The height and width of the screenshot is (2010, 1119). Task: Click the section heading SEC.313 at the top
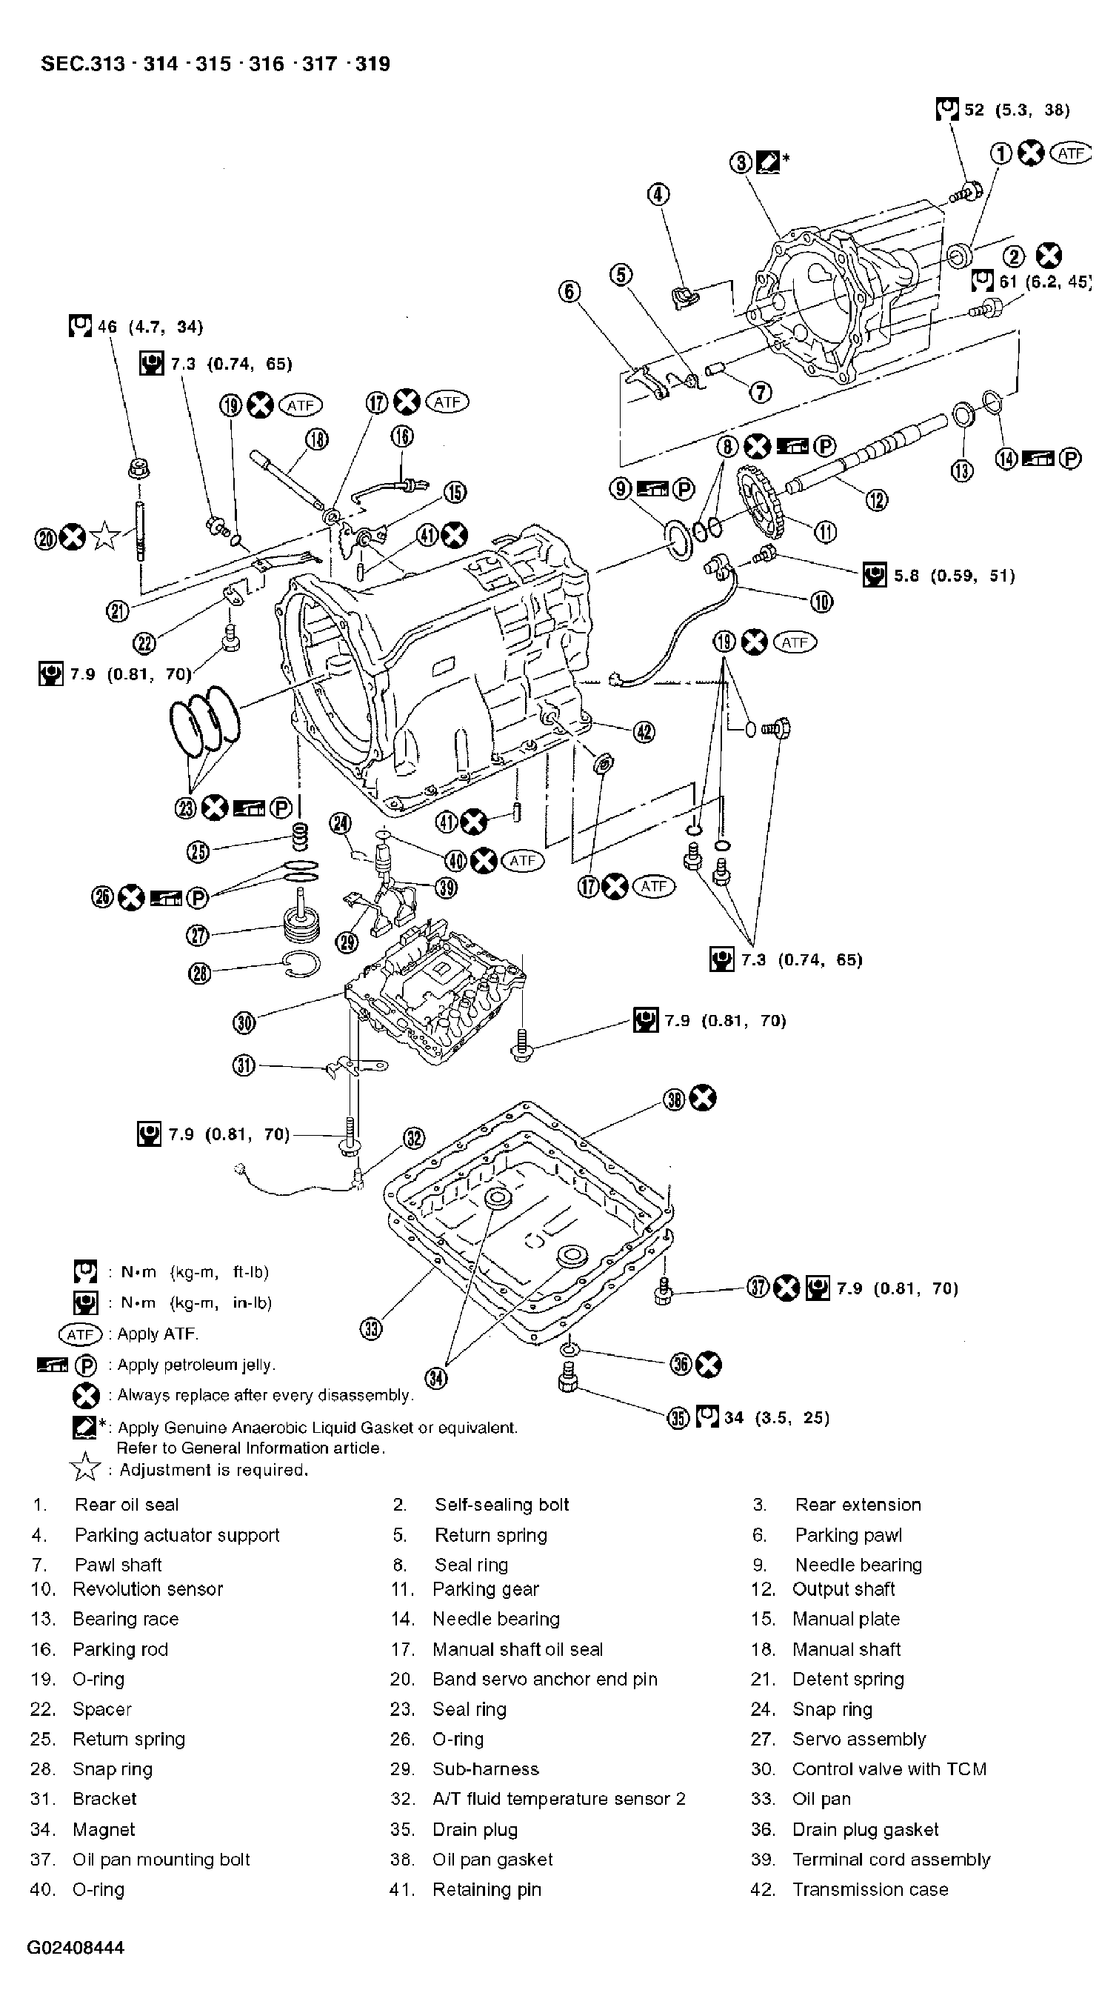click(x=83, y=64)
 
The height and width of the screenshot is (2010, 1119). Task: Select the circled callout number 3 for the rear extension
click(x=741, y=162)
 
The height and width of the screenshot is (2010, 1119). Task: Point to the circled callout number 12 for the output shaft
click(x=877, y=499)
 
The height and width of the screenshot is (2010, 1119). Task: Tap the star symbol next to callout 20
click(x=104, y=537)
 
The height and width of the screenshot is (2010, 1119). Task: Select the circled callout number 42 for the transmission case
click(x=644, y=731)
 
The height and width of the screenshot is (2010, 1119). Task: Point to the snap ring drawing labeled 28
click(x=301, y=966)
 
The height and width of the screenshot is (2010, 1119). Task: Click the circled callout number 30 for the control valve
click(x=244, y=1022)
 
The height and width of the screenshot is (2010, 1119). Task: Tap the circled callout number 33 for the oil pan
click(x=372, y=1328)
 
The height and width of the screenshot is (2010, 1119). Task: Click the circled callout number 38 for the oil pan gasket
click(x=674, y=1099)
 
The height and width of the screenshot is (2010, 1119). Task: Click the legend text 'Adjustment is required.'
click(x=214, y=1470)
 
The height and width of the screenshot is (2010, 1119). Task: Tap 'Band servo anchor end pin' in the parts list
click(x=544, y=1679)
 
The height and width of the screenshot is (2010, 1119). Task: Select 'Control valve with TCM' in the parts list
click(x=889, y=1769)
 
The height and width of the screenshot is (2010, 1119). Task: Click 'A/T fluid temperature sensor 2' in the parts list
click(x=558, y=1800)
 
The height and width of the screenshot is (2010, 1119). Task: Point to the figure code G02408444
click(x=76, y=1948)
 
